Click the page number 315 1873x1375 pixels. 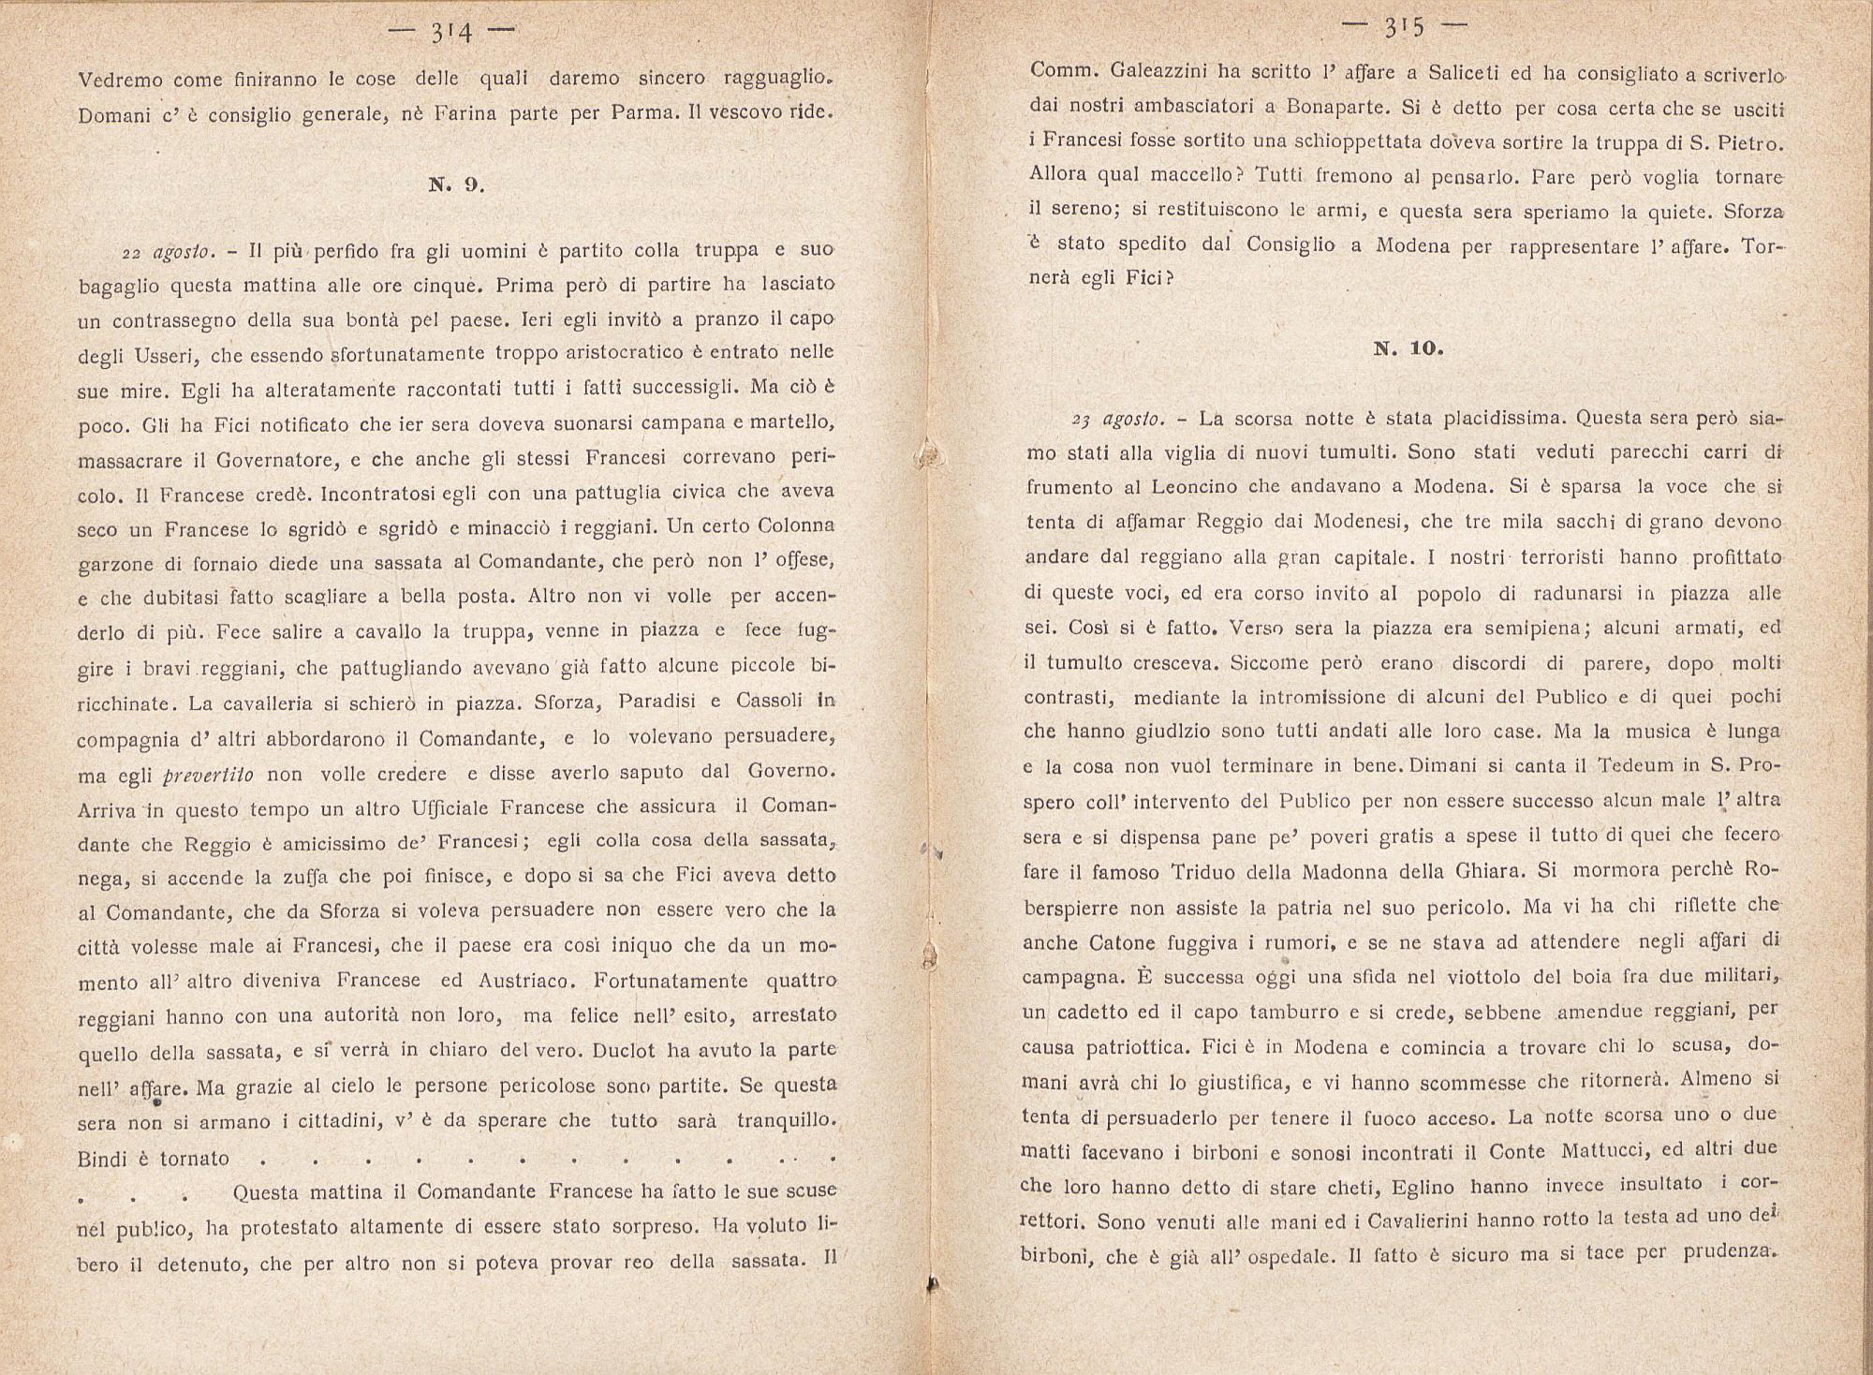tap(1405, 28)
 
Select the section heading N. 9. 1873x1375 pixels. tap(456, 185)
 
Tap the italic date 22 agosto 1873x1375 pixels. tap(170, 254)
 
